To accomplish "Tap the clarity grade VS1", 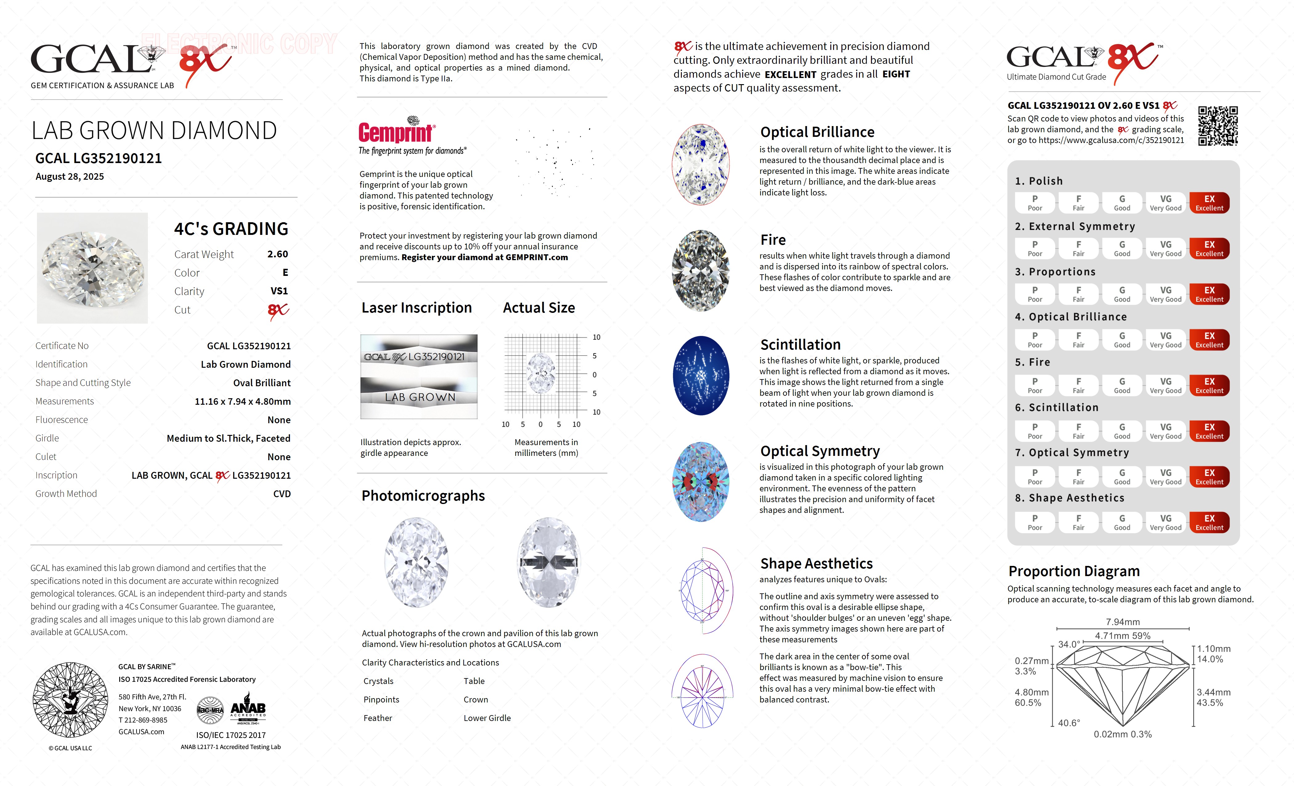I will point(279,291).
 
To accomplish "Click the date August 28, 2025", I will point(70,177).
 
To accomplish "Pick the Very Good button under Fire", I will point(1165,385).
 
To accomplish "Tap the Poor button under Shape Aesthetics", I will point(1035,522).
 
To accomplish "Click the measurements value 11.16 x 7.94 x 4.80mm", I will point(243,401).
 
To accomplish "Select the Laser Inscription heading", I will point(417,308).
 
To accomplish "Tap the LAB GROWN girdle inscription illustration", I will point(419,397).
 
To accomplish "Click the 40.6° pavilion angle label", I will point(1069,723).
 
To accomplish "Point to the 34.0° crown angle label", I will point(1069,645).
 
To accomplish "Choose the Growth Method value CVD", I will point(282,494).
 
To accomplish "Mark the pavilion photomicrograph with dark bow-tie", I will point(548,562).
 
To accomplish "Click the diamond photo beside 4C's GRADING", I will point(92,268).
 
